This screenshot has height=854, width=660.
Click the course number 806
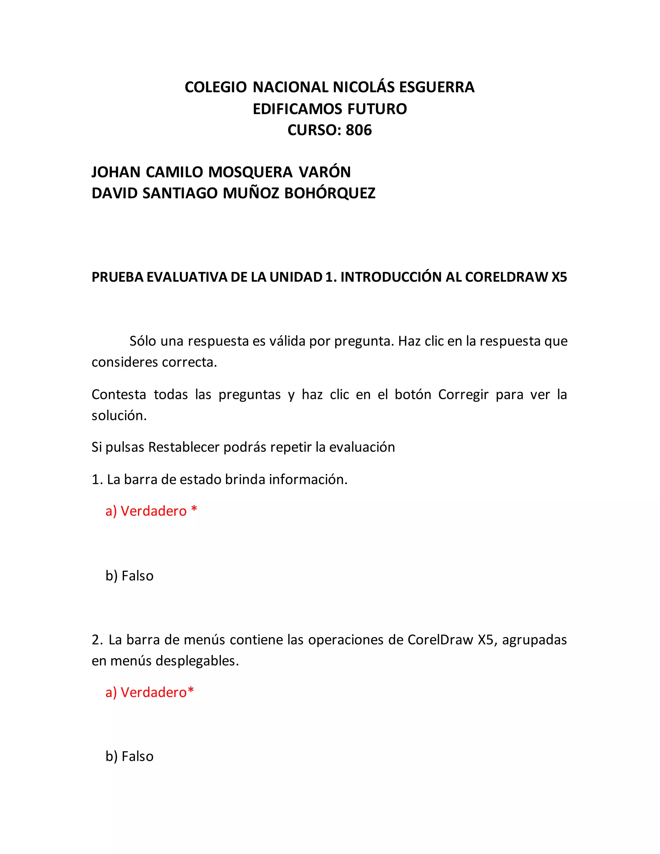(x=359, y=130)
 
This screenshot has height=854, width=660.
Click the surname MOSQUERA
(x=250, y=172)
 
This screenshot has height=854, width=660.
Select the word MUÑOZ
(x=251, y=193)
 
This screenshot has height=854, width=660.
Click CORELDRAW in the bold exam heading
(x=506, y=277)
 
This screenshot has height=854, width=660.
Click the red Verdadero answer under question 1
(x=154, y=511)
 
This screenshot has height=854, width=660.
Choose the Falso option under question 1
(x=137, y=576)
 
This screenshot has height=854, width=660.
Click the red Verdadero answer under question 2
(x=154, y=693)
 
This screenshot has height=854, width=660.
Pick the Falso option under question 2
(x=137, y=757)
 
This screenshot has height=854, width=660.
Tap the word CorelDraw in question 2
(x=440, y=640)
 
